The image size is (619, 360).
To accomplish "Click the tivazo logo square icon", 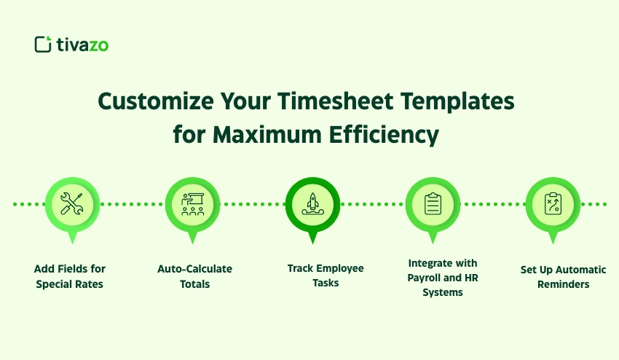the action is pyautogui.click(x=43, y=44).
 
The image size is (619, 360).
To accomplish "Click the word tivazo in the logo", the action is pyautogui.click(x=82, y=44).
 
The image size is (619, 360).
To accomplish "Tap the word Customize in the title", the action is pyautogui.click(x=156, y=101).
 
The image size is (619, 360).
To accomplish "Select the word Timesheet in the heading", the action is pyautogui.click(x=335, y=101).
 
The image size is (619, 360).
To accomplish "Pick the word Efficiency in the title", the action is pyautogui.click(x=384, y=136).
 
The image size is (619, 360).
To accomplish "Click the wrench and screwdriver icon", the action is pyautogui.click(x=72, y=204).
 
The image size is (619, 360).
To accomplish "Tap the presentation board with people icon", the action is pyautogui.click(x=193, y=204).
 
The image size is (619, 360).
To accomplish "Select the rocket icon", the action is pyautogui.click(x=312, y=204).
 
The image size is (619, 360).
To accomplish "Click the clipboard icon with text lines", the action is pyautogui.click(x=433, y=204).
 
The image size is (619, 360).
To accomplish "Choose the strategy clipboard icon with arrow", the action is pyautogui.click(x=553, y=204).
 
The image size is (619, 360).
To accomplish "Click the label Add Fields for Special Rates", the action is pyautogui.click(x=70, y=276).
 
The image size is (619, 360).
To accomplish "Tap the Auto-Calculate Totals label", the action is pyautogui.click(x=194, y=276).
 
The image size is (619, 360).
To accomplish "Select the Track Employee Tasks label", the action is pyautogui.click(x=326, y=275).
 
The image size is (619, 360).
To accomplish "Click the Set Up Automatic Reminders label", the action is pyautogui.click(x=564, y=277).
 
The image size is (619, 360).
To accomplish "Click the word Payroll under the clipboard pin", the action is pyautogui.click(x=425, y=278).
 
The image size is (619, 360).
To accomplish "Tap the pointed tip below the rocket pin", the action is pyautogui.click(x=312, y=243).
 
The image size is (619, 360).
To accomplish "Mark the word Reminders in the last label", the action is pyautogui.click(x=564, y=284).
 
